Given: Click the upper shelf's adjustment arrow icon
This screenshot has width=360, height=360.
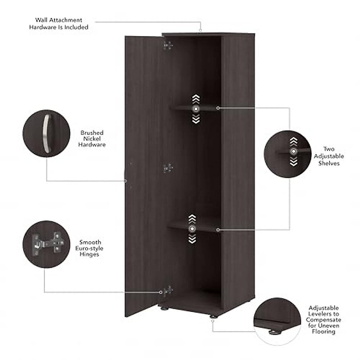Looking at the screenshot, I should [196, 109].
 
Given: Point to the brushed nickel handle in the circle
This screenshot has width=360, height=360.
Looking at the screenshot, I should [46, 133].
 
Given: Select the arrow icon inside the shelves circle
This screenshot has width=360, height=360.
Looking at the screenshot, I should [293, 152].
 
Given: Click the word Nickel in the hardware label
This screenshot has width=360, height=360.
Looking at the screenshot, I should [92, 139].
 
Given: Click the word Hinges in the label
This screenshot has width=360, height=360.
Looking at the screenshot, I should [89, 254].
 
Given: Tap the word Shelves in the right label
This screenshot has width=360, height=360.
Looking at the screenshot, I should [329, 163].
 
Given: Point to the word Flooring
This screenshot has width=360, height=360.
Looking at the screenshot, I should [323, 331].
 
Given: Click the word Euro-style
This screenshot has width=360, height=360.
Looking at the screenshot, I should [89, 248].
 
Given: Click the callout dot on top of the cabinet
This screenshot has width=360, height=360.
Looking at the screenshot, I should [200, 30].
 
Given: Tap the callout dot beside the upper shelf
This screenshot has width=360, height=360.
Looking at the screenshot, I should [218, 108].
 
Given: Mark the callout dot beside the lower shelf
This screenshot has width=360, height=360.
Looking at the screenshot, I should [218, 230].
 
